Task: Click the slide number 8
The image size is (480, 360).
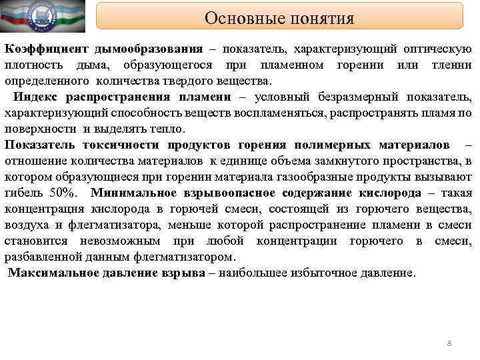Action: coord(449,343)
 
